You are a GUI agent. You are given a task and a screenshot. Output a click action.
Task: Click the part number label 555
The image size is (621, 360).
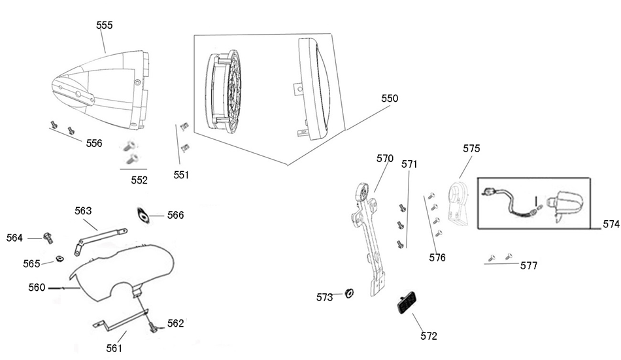[x=104, y=25]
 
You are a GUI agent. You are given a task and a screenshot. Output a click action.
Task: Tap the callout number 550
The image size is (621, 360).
[x=390, y=99]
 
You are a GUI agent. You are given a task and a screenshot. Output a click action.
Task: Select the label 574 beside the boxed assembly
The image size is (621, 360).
[x=611, y=224]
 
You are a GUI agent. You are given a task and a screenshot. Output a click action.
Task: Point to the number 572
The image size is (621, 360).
[x=429, y=336]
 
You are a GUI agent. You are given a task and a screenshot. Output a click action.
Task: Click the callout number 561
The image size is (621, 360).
[x=114, y=348]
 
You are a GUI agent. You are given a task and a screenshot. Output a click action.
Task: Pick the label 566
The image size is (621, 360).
[x=175, y=215]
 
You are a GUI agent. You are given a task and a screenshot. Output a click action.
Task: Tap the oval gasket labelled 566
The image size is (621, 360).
[x=144, y=215]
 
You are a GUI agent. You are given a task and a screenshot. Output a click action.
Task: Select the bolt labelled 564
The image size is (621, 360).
[x=48, y=237]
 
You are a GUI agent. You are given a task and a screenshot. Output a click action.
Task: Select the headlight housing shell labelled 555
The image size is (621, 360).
[x=101, y=88]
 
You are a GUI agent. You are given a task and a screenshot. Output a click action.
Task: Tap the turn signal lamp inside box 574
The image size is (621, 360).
[x=565, y=203]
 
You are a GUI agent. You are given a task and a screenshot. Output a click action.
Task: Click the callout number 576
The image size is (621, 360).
[x=437, y=258]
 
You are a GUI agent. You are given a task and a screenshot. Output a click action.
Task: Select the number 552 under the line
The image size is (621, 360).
[x=139, y=180]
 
